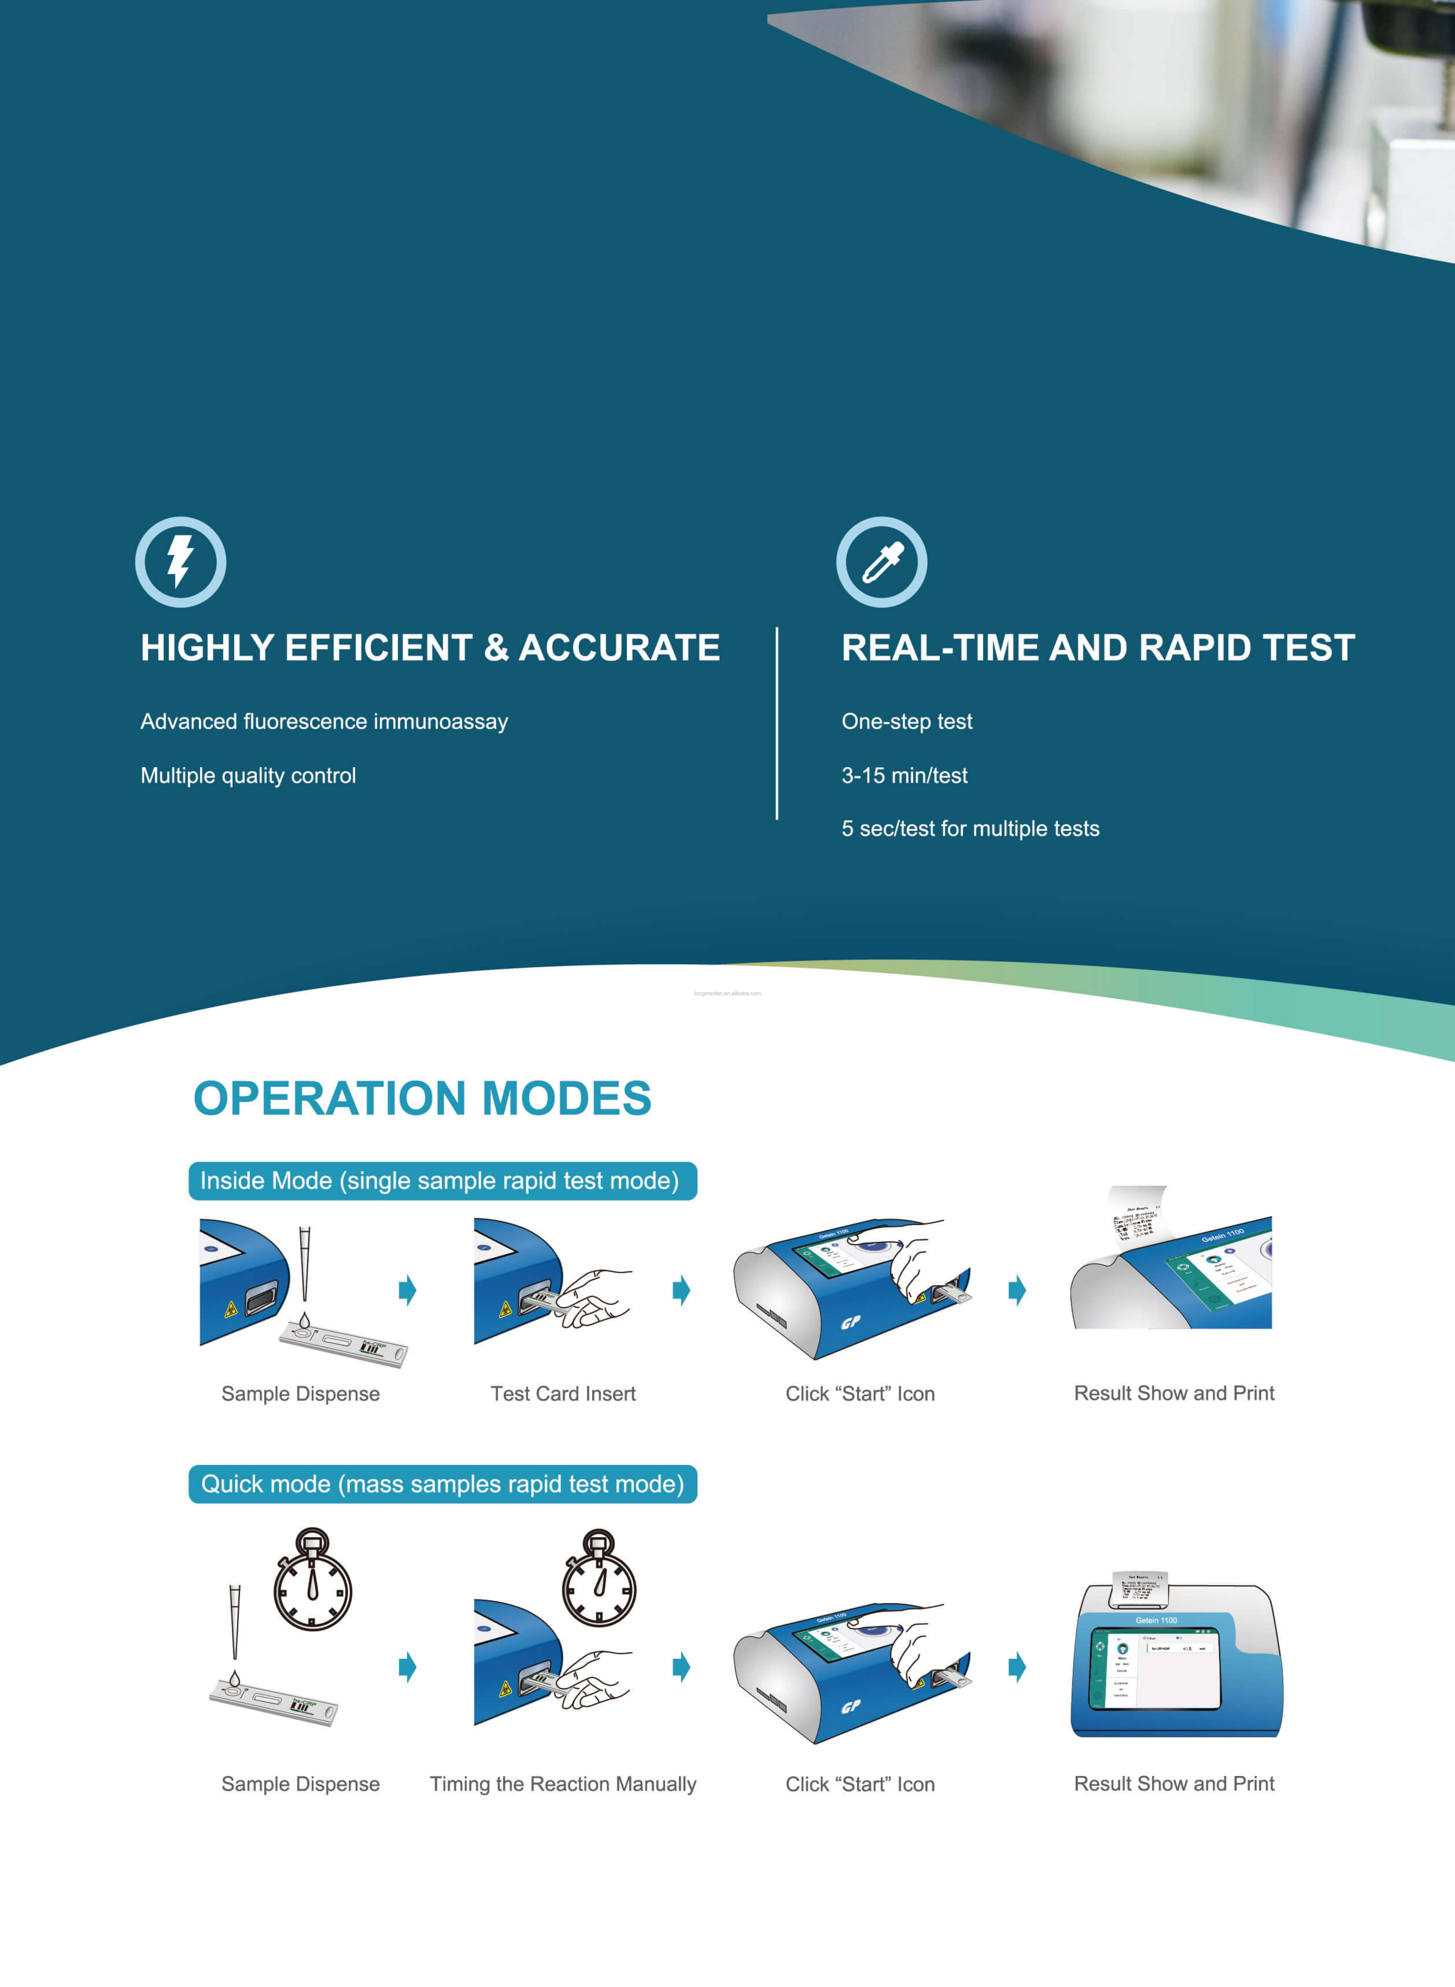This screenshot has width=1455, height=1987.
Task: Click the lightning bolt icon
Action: click(x=181, y=562)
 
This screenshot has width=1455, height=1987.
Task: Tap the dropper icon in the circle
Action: click(x=882, y=562)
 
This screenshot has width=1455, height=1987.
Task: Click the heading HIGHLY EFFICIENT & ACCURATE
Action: click(x=430, y=648)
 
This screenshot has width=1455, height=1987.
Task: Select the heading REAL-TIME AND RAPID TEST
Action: click(x=1097, y=648)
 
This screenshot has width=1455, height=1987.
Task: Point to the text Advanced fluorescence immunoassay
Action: click(x=324, y=722)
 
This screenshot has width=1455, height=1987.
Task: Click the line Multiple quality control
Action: click(x=248, y=776)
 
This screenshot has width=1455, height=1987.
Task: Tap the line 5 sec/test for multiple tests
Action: click(x=970, y=828)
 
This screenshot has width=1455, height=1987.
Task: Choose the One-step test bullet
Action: click(x=906, y=722)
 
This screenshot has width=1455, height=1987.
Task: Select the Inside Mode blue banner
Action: click(x=442, y=1180)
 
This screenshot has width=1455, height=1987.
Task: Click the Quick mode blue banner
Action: click(x=442, y=1484)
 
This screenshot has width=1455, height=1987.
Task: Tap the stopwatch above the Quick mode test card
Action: click(x=313, y=1580)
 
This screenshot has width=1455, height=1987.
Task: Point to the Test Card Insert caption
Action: click(x=563, y=1394)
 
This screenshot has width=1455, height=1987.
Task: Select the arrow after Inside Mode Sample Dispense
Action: click(x=407, y=1291)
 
